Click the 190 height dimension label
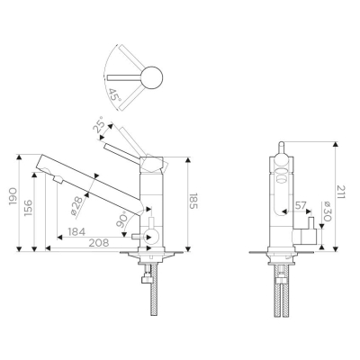(x=13, y=197)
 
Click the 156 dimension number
(x=29, y=207)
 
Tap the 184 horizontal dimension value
(x=76, y=231)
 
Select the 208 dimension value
(x=99, y=243)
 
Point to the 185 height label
(x=193, y=201)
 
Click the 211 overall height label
(x=341, y=192)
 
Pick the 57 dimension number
(x=301, y=206)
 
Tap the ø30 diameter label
(x=327, y=211)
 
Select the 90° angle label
(x=121, y=219)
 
